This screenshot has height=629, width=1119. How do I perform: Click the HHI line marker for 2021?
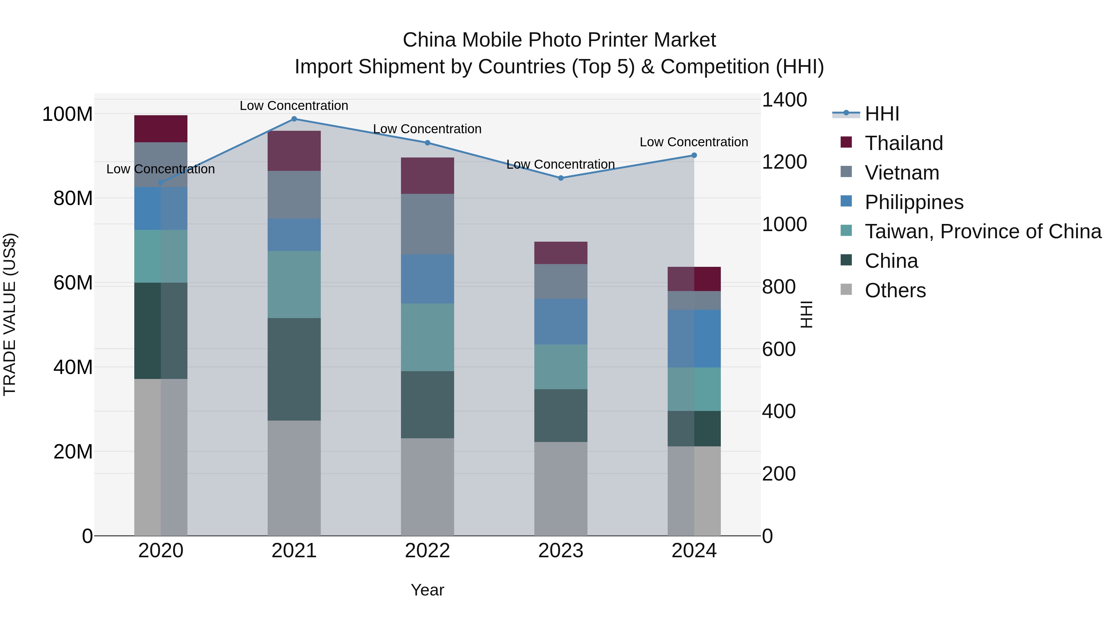click(x=294, y=119)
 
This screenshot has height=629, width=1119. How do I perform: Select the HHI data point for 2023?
click(x=560, y=178)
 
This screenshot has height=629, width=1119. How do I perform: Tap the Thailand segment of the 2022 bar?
click(x=427, y=176)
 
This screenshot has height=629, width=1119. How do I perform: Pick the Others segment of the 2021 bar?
click(x=294, y=477)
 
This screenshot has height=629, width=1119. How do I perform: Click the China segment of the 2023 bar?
click(x=560, y=415)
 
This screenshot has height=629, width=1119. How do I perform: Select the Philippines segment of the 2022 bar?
click(x=427, y=279)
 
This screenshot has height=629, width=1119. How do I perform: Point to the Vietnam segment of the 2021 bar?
click(x=294, y=194)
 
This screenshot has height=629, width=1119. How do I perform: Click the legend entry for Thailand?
click(x=904, y=143)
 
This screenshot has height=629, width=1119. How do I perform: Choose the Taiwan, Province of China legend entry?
click(x=983, y=231)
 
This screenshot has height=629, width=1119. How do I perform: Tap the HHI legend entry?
click(x=882, y=114)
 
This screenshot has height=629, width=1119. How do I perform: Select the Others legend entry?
click(x=895, y=290)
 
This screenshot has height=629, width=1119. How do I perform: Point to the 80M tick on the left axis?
click(x=73, y=198)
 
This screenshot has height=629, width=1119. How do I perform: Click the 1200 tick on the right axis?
click(x=784, y=162)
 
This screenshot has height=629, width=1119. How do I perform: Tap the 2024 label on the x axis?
click(x=694, y=551)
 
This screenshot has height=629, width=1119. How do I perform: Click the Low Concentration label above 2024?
click(x=694, y=142)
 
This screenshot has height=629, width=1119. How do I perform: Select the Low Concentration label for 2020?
click(x=160, y=169)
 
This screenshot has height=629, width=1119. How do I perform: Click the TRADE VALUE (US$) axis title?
click(x=10, y=314)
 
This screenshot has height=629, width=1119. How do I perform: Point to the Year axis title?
click(x=427, y=590)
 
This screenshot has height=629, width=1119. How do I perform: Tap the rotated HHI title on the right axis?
click(x=806, y=314)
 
